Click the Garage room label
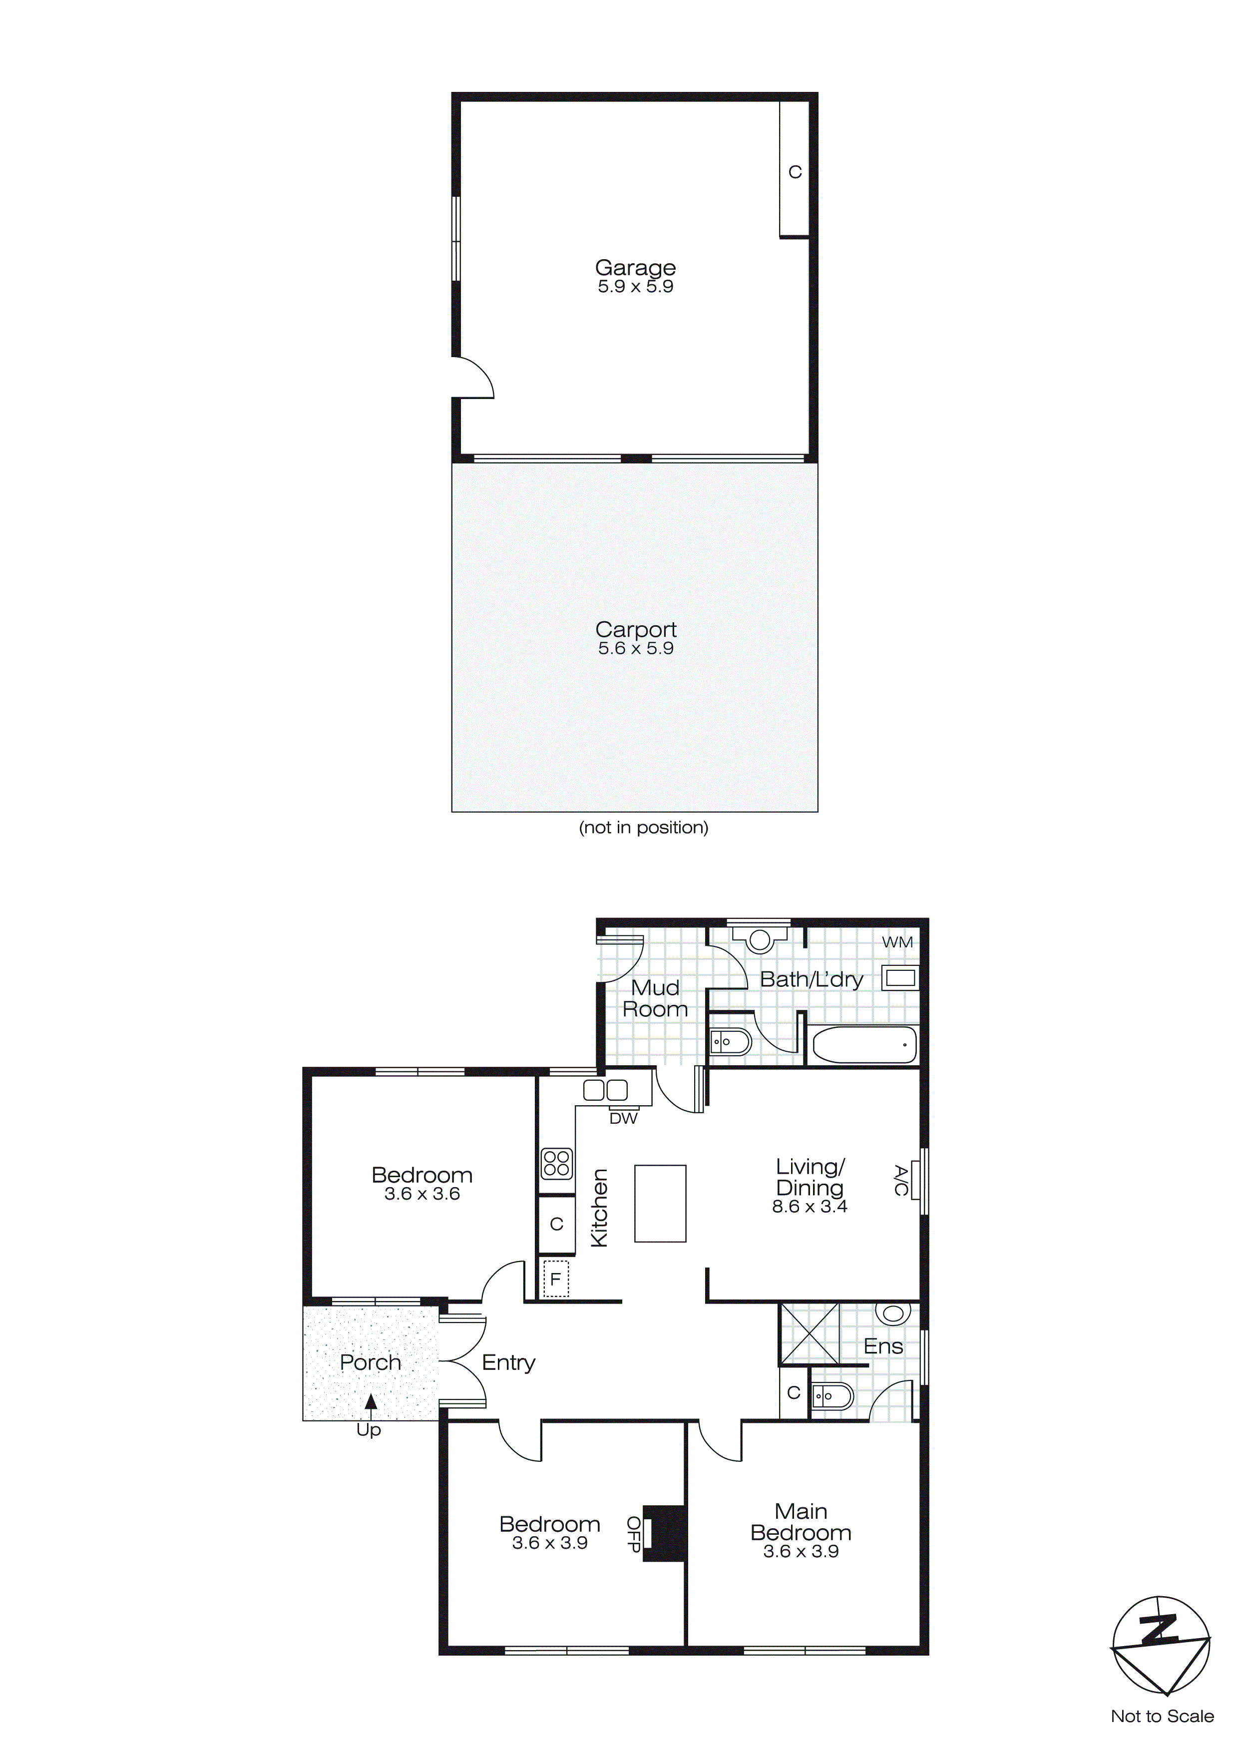(x=635, y=268)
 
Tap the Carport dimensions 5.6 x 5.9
(x=636, y=649)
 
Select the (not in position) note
(x=643, y=828)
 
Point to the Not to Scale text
(x=1162, y=1717)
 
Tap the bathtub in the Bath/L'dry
(x=864, y=1044)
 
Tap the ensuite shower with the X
(x=810, y=1334)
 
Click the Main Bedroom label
(x=801, y=1522)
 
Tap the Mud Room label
(x=655, y=998)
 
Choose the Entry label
(x=508, y=1363)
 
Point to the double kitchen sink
(x=605, y=1091)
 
